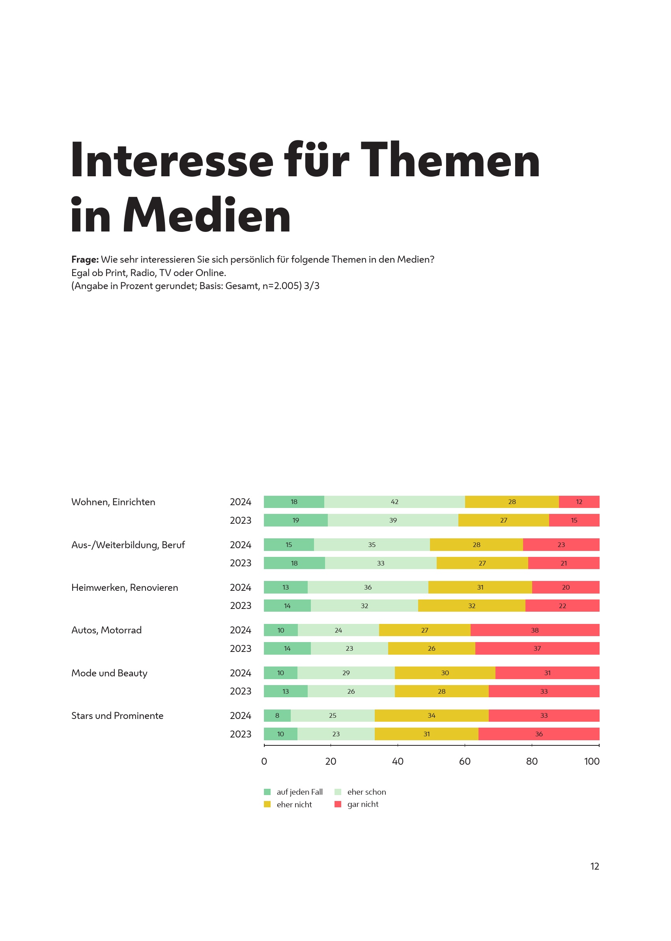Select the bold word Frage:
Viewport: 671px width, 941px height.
[85, 260]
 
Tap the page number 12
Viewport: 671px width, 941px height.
[594, 866]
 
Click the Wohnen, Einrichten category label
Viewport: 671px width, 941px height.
[113, 502]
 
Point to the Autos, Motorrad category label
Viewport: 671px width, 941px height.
[106, 630]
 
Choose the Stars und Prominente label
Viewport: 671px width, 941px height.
[117, 715]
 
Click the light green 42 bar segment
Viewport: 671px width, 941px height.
[394, 502]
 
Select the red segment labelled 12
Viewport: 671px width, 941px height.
[579, 502]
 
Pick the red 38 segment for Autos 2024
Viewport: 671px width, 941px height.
[535, 630]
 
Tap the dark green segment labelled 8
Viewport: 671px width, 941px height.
[277, 715]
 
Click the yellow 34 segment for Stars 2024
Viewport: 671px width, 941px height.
[432, 715]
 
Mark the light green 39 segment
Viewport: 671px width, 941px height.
[393, 520]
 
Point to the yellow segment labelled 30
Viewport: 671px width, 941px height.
[445, 673]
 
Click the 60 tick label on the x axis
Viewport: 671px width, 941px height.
[464, 761]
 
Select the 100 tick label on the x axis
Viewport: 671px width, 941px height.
[591, 761]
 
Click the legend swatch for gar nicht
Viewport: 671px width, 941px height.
[338, 804]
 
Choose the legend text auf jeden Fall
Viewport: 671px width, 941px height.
[299, 792]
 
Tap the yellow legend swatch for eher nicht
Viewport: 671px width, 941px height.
[267, 804]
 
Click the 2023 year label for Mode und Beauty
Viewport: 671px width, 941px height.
[241, 691]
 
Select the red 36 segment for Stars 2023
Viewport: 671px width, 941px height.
[539, 734]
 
